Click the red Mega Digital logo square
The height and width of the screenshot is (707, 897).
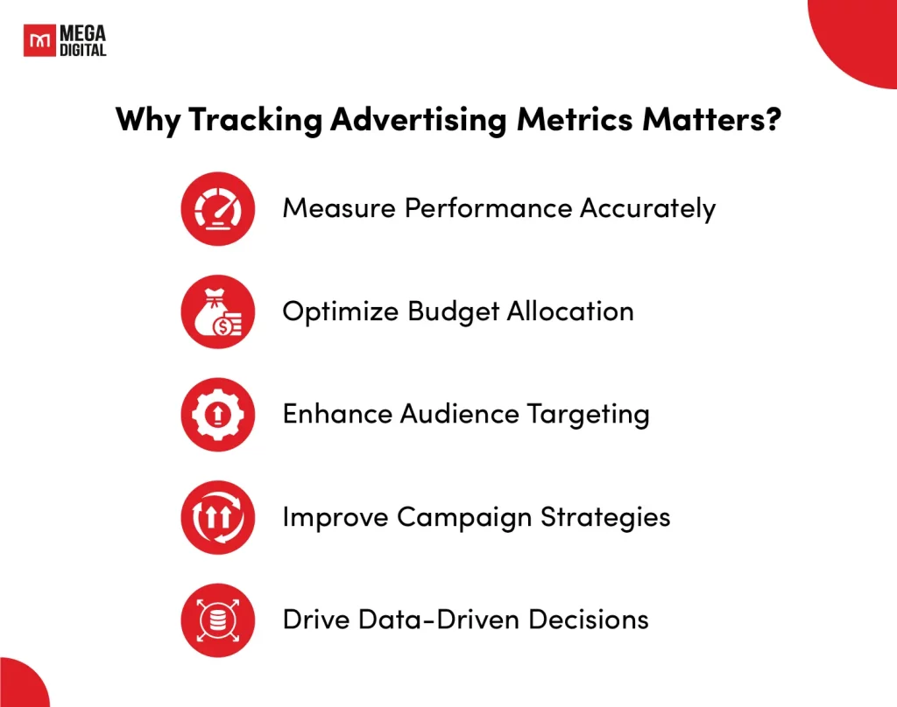click(39, 40)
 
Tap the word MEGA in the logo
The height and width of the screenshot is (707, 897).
click(83, 33)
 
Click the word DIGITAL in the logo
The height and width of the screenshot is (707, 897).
click(83, 50)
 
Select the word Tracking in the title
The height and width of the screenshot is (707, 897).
click(255, 120)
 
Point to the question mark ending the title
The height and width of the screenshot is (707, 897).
click(773, 118)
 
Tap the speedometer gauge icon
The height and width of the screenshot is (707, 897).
click(218, 208)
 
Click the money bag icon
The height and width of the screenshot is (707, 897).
click(218, 311)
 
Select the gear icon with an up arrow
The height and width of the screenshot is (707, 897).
click(218, 415)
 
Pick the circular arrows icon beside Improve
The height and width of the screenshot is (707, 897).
click(218, 517)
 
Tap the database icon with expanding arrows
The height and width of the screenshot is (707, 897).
click(218, 620)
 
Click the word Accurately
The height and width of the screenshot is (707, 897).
click(647, 209)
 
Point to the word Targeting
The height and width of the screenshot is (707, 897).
click(588, 416)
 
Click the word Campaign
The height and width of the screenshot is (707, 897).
click(464, 518)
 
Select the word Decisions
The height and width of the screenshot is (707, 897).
click(589, 619)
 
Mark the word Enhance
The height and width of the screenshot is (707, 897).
click(337, 414)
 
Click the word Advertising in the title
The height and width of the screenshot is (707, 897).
click(419, 120)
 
